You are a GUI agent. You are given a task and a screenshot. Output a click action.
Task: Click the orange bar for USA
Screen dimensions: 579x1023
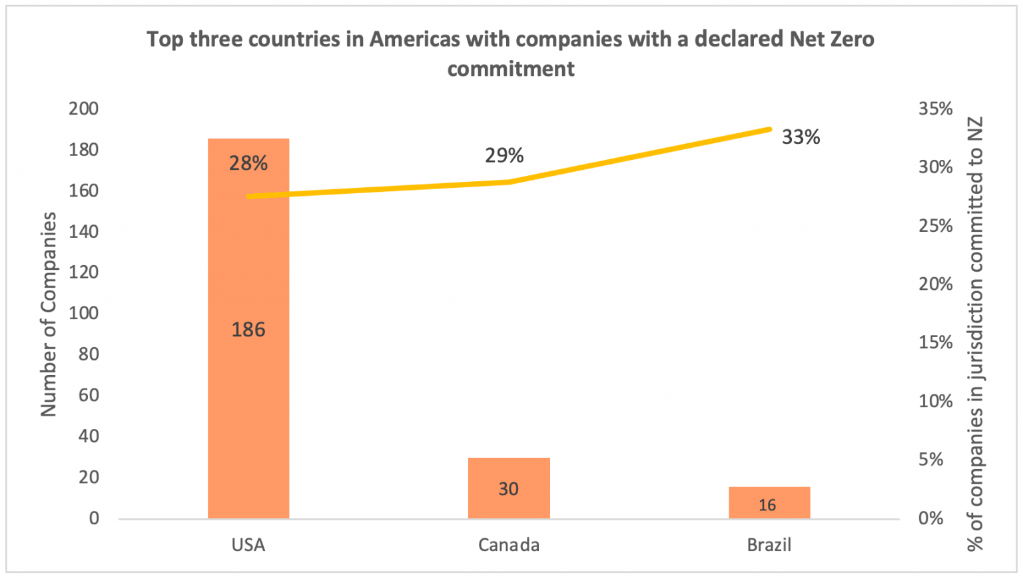coord(248,400)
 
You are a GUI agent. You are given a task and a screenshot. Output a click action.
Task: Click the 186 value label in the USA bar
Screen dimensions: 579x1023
coord(248,329)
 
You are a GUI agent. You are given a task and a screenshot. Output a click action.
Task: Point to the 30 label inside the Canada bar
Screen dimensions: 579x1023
coord(509,489)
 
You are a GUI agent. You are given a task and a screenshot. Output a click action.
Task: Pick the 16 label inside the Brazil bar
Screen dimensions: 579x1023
coord(767,505)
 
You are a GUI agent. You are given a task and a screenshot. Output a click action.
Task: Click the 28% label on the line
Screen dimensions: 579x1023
coord(248,163)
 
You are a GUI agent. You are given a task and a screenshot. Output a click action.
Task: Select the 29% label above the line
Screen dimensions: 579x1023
coord(504,155)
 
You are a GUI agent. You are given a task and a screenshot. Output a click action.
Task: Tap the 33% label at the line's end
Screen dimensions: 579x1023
coord(801,137)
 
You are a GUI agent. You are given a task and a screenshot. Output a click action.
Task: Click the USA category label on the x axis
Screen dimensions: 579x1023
coord(248,545)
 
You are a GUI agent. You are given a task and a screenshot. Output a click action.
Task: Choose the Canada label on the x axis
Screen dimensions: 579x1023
coord(509,545)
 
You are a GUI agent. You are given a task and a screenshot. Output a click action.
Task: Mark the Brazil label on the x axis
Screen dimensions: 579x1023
coord(769,545)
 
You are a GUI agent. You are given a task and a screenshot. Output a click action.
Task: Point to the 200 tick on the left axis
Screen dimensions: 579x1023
coord(83,109)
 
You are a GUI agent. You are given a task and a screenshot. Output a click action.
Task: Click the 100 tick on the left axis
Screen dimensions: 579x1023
coord(83,313)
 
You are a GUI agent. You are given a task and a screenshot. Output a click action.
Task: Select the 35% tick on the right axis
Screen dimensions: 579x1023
coord(936,109)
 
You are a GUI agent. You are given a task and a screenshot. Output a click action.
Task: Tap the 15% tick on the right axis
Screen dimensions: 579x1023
coord(936,342)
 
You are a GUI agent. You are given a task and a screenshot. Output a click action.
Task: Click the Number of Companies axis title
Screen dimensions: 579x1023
coord(49,314)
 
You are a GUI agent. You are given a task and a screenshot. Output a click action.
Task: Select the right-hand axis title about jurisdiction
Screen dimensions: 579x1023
coord(975,333)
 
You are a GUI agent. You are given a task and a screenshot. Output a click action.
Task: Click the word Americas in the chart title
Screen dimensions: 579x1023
coord(414,39)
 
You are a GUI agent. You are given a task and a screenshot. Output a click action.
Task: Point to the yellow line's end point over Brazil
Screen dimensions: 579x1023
coord(769,129)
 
